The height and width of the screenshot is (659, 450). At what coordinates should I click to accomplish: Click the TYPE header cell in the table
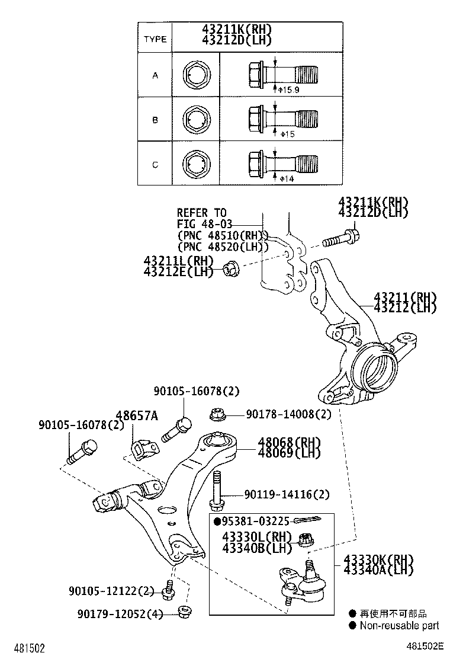click(x=155, y=40)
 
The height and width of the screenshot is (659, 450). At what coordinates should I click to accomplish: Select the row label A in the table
click(x=155, y=75)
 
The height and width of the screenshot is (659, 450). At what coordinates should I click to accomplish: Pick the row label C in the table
click(x=155, y=164)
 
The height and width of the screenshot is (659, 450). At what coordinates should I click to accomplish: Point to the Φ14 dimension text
click(x=287, y=179)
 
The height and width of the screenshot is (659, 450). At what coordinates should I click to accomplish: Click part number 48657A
click(x=137, y=416)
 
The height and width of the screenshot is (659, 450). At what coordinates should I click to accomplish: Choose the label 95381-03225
click(x=255, y=521)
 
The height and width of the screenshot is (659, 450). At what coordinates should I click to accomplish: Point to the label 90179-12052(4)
click(x=119, y=613)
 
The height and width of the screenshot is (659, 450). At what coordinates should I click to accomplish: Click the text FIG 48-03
click(x=204, y=224)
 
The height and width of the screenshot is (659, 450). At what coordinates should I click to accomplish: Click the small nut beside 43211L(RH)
click(x=231, y=268)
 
